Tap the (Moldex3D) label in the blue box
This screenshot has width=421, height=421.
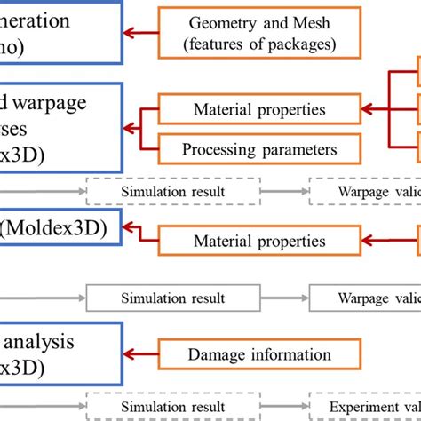[x=54, y=229]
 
